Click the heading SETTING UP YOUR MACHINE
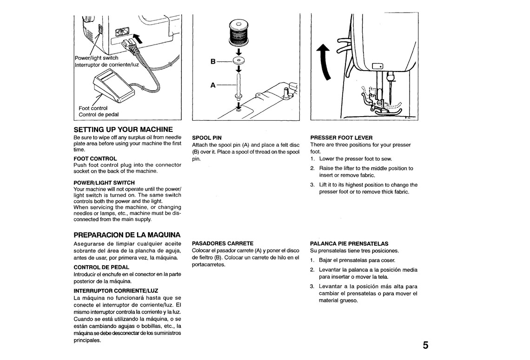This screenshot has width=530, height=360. pos(123,129)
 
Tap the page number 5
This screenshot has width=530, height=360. pos(426,345)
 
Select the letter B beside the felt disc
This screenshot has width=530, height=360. pos(213,61)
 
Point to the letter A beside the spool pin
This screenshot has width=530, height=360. pos(213,85)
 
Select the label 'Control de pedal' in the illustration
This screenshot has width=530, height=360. pos(99,114)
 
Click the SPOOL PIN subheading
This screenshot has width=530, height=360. pos(206,138)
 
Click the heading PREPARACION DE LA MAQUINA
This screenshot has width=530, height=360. pos(127,235)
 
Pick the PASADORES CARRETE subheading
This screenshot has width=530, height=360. pos(222,243)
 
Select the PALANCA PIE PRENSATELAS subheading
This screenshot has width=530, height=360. pos(349,243)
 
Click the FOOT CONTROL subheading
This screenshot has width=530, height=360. pos(95,158)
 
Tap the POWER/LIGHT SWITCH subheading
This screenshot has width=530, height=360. pos(104,183)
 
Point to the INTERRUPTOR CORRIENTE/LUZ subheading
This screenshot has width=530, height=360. pos(116,290)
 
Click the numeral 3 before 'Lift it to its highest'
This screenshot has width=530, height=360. pos(312,185)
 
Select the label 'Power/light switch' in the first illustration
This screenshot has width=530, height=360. pos(97,58)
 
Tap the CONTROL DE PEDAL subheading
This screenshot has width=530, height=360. pos(101,267)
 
